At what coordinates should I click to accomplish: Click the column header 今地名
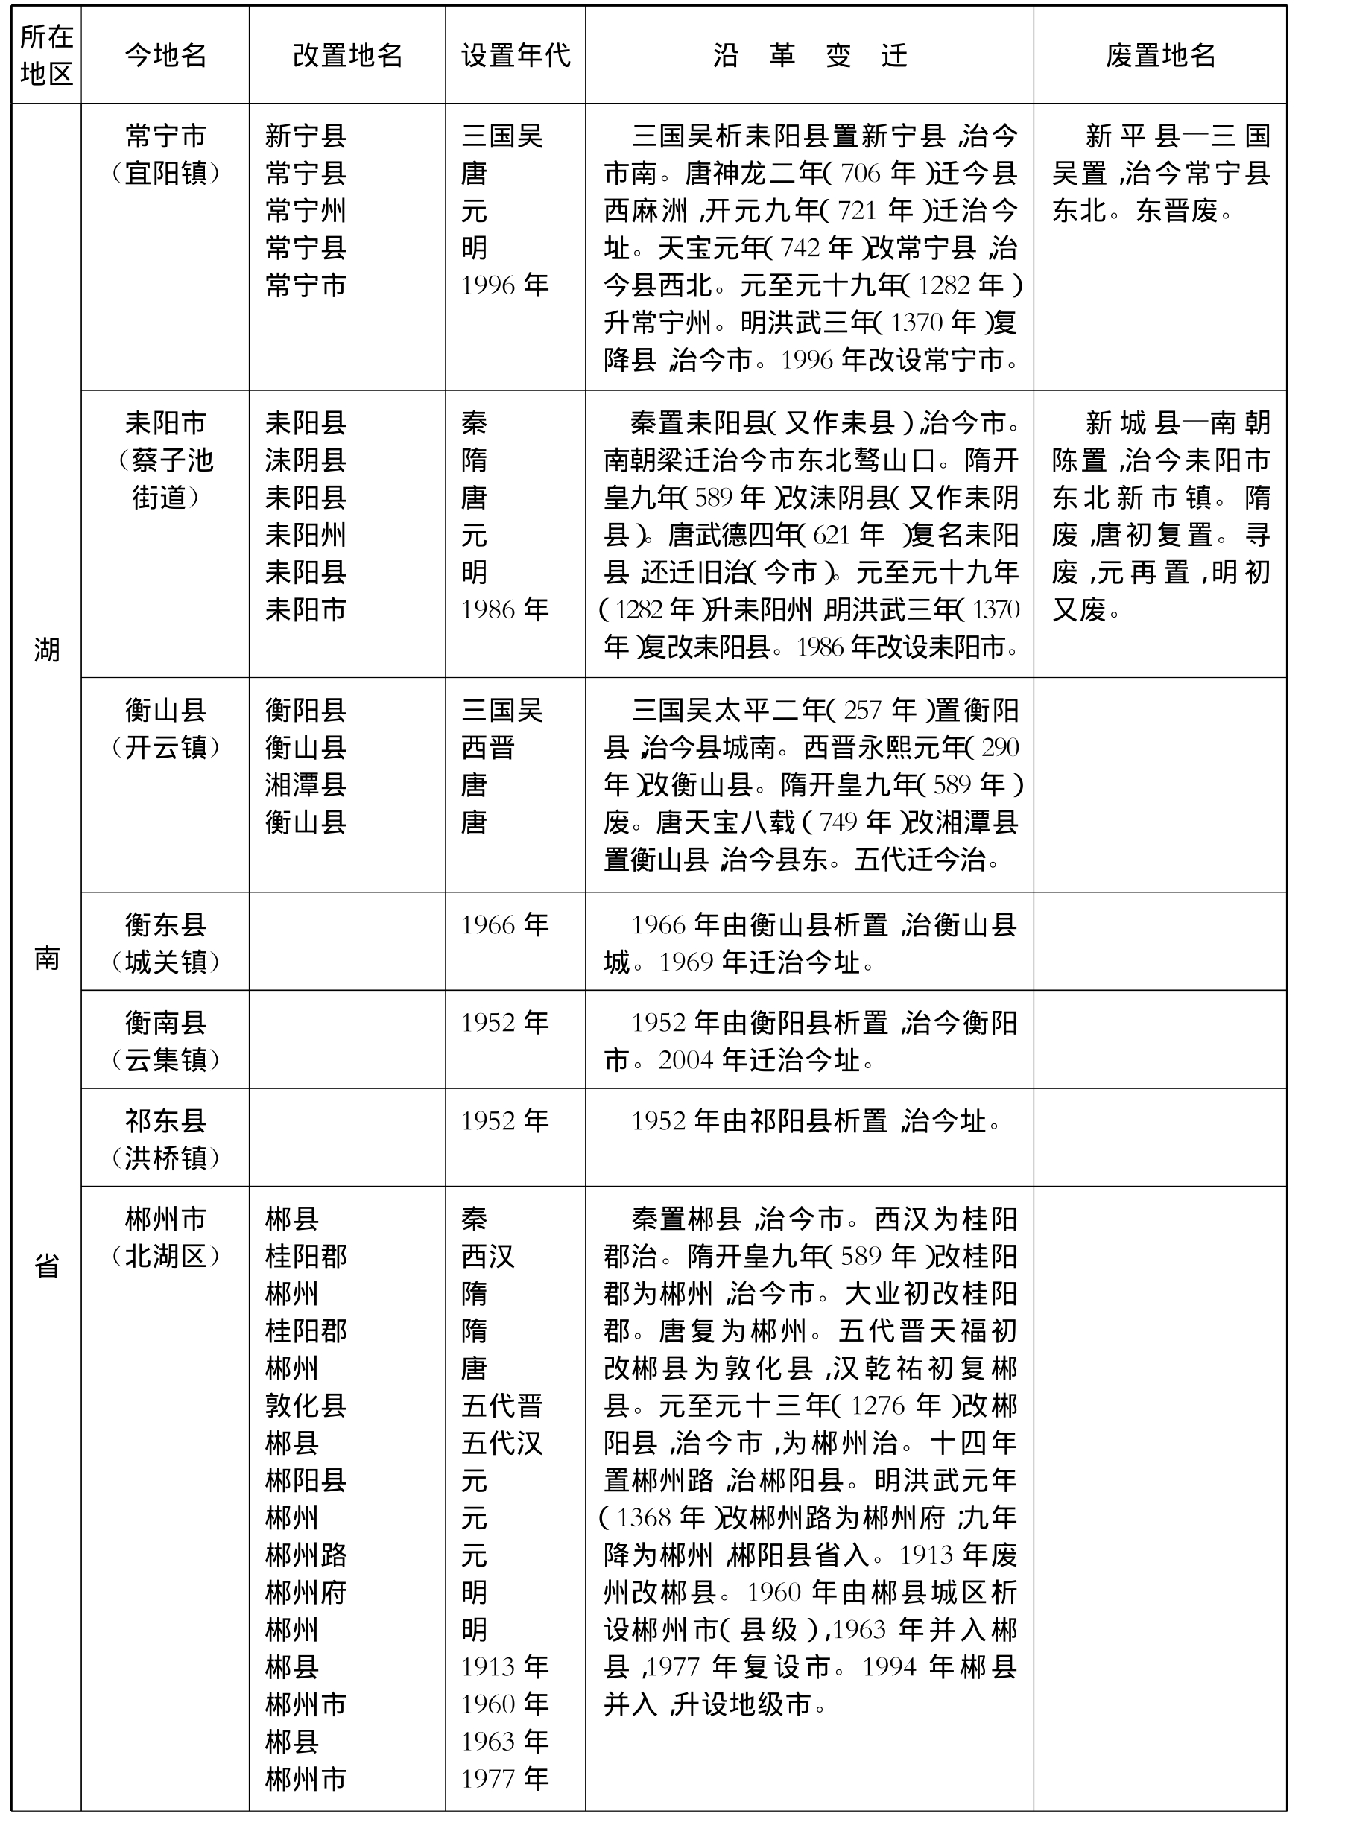(x=165, y=55)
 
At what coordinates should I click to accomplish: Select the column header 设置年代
(x=516, y=55)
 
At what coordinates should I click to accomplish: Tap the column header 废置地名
(x=1160, y=55)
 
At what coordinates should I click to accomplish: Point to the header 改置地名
(x=348, y=55)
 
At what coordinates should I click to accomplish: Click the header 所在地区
(x=46, y=55)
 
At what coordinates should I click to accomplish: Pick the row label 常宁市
(x=165, y=135)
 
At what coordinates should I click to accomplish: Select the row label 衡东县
(x=165, y=924)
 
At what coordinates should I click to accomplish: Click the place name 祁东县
(x=165, y=1121)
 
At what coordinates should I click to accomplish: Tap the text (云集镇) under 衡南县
(x=165, y=1060)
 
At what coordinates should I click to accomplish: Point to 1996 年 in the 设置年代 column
(x=504, y=285)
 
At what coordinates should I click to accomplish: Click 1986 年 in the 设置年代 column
(x=504, y=609)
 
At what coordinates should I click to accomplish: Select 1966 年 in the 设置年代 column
(x=504, y=924)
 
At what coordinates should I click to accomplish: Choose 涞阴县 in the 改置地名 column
(x=306, y=460)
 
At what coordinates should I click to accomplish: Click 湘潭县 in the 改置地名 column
(x=306, y=785)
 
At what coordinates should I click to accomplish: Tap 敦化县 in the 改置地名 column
(x=306, y=1406)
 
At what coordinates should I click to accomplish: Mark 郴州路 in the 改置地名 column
(x=306, y=1555)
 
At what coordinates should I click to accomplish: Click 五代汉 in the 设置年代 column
(x=501, y=1443)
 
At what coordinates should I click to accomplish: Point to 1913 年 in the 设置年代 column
(x=504, y=1667)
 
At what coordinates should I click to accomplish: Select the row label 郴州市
(x=165, y=1219)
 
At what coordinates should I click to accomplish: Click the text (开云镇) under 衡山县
(x=165, y=747)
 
